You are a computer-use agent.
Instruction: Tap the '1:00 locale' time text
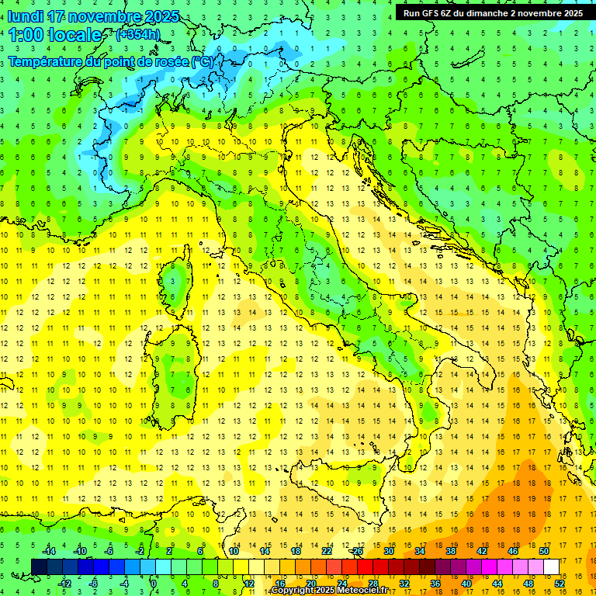click(55, 35)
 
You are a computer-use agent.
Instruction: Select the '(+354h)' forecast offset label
click(139, 35)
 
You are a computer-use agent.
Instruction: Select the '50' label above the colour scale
click(543, 551)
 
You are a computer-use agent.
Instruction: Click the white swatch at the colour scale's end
click(551, 567)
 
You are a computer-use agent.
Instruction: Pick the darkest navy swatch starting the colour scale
click(39, 567)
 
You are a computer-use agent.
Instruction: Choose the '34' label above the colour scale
click(419, 551)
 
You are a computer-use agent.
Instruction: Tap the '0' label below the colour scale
click(154, 584)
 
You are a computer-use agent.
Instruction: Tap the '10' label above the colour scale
click(233, 551)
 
